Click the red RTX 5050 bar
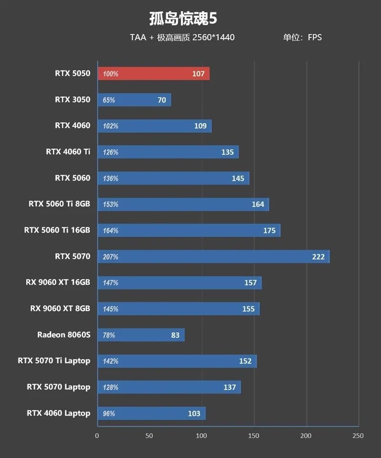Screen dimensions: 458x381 coord(153,74)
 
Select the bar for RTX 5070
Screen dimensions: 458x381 coord(213,257)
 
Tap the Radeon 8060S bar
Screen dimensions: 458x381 coord(140,335)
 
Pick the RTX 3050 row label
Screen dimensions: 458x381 coord(72,100)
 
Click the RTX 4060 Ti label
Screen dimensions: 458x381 coord(68,152)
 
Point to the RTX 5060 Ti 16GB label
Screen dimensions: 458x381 coord(57,230)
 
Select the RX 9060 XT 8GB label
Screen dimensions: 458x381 coord(60,308)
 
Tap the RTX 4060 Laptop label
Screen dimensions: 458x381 coord(59,413)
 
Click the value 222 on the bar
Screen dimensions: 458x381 coord(318,257)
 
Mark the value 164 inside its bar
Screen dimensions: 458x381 coord(258,204)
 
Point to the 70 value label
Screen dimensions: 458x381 coord(162,100)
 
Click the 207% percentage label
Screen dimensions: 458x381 coord(110,257)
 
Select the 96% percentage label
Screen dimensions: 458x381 coord(109,414)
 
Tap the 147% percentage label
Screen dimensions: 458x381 coord(110,283)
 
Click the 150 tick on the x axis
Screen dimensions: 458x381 coord(254,436)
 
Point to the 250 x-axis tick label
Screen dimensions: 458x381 coord(358,436)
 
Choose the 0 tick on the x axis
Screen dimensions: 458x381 coord(97,436)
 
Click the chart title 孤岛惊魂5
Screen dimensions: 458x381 coord(183,19)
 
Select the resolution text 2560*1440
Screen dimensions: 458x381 coord(213,37)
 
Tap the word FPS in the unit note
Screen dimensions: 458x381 coord(315,37)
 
